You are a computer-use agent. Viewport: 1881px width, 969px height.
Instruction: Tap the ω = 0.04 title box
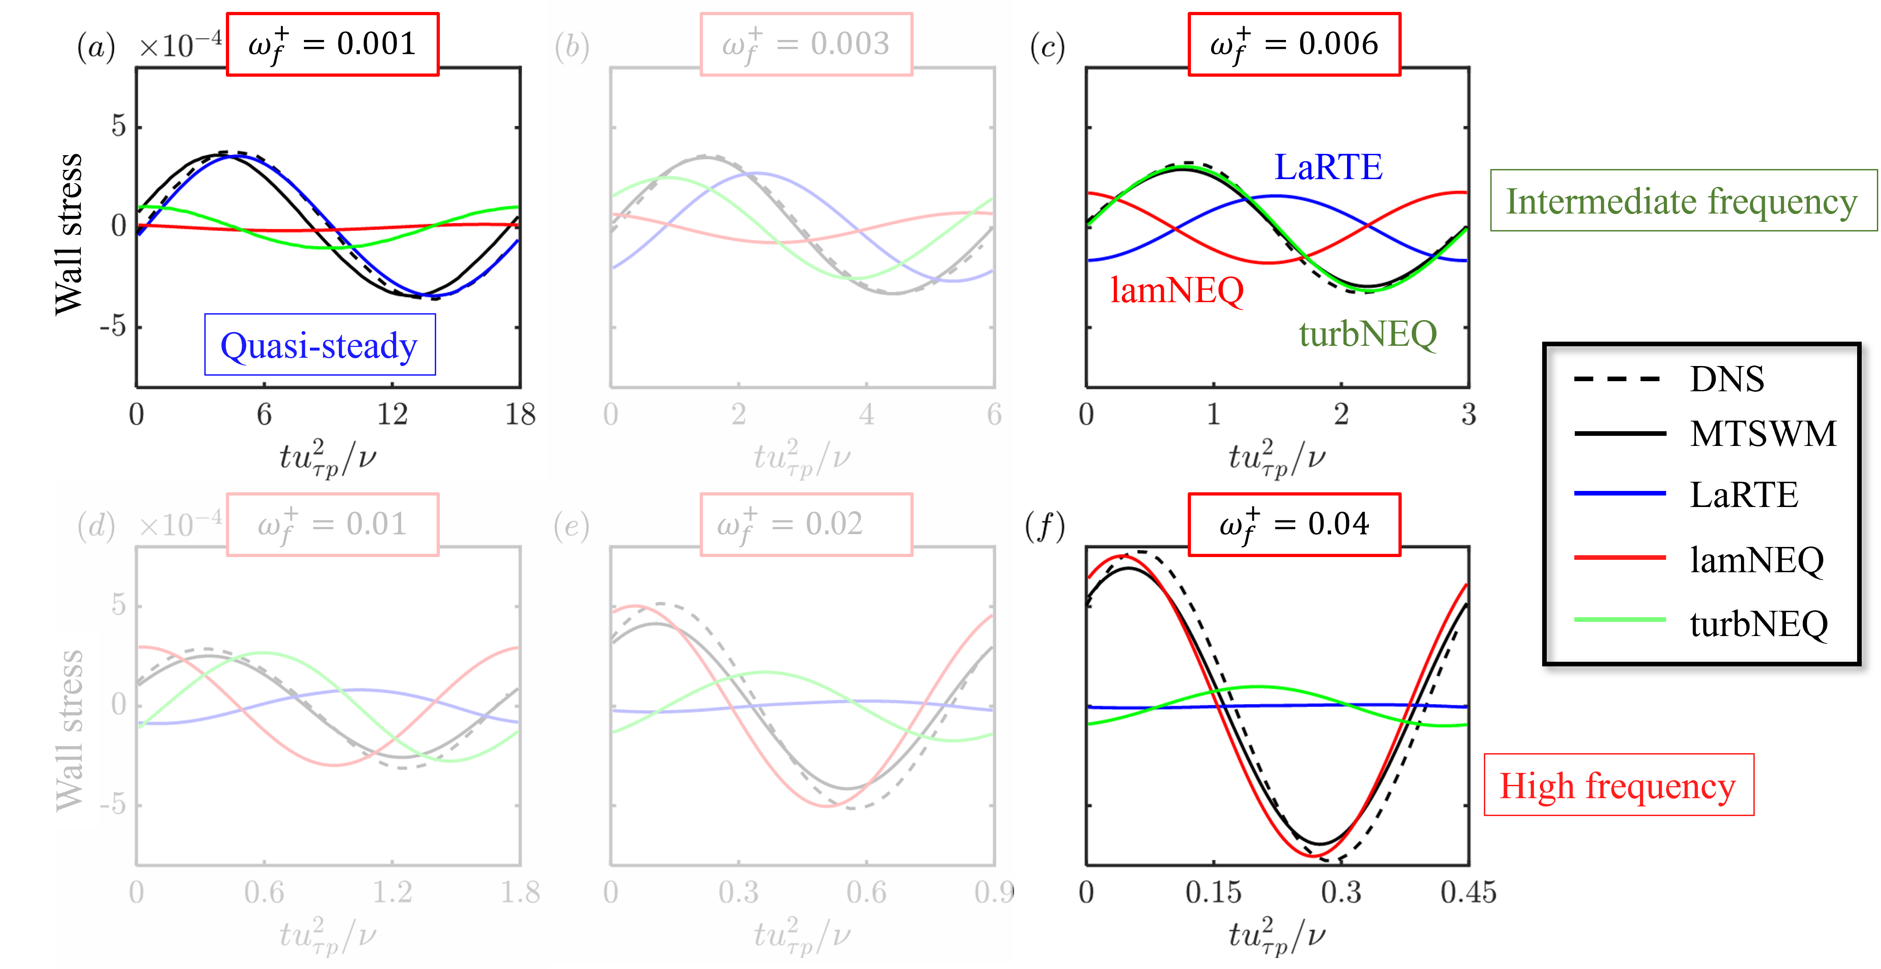(x=1294, y=524)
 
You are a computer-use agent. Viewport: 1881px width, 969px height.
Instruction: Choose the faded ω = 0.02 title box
(x=806, y=524)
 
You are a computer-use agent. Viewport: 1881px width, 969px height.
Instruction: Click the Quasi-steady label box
(x=320, y=345)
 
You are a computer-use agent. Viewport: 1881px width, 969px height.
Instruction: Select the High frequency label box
(x=1618, y=785)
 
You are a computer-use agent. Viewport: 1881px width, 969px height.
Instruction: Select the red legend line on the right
(x=1620, y=557)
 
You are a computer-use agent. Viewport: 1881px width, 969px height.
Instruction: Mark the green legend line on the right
(x=1620, y=619)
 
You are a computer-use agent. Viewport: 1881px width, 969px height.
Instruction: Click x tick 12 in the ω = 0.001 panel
(x=392, y=415)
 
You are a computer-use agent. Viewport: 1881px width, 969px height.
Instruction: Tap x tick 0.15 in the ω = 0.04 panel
(x=1213, y=892)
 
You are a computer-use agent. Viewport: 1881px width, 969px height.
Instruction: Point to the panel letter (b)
(x=572, y=47)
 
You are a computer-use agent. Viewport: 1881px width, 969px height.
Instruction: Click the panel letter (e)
(x=572, y=526)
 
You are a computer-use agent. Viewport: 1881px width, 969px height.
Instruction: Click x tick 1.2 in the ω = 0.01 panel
(x=392, y=892)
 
